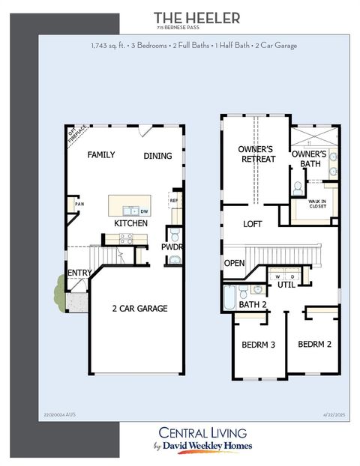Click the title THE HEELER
coord(197,17)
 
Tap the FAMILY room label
coord(101,155)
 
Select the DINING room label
coord(157,156)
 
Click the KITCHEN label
coord(130,223)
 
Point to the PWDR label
coord(172,246)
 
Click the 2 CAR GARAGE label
coord(139,308)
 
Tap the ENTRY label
coord(79,273)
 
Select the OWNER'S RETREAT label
coord(257,154)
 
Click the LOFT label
coord(253,224)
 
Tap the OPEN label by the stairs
coord(234,263)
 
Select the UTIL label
coord(286,285)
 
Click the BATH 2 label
coord(253,304)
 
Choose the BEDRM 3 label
coord(258,345)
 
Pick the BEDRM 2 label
coord(314,345)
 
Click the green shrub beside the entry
coord(59,287)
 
